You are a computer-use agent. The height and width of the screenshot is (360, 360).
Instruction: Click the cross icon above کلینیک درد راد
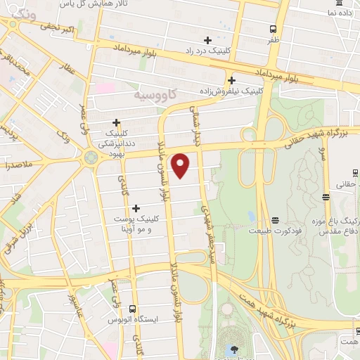click(x=207, y=40)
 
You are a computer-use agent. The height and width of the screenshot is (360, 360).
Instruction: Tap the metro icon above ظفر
click(x=274, y=29)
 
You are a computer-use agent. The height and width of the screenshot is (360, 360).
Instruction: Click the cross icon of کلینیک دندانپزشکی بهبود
click(x=116, y=122)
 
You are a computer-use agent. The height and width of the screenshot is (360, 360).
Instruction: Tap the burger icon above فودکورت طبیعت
click(x=275, y=219)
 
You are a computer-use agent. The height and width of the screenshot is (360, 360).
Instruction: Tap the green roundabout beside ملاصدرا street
click(x=91, y=157)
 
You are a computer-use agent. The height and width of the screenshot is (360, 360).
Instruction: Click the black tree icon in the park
click(x=232, y=350)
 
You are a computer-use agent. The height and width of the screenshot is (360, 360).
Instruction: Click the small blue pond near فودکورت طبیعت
click(x=251, y=215)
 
